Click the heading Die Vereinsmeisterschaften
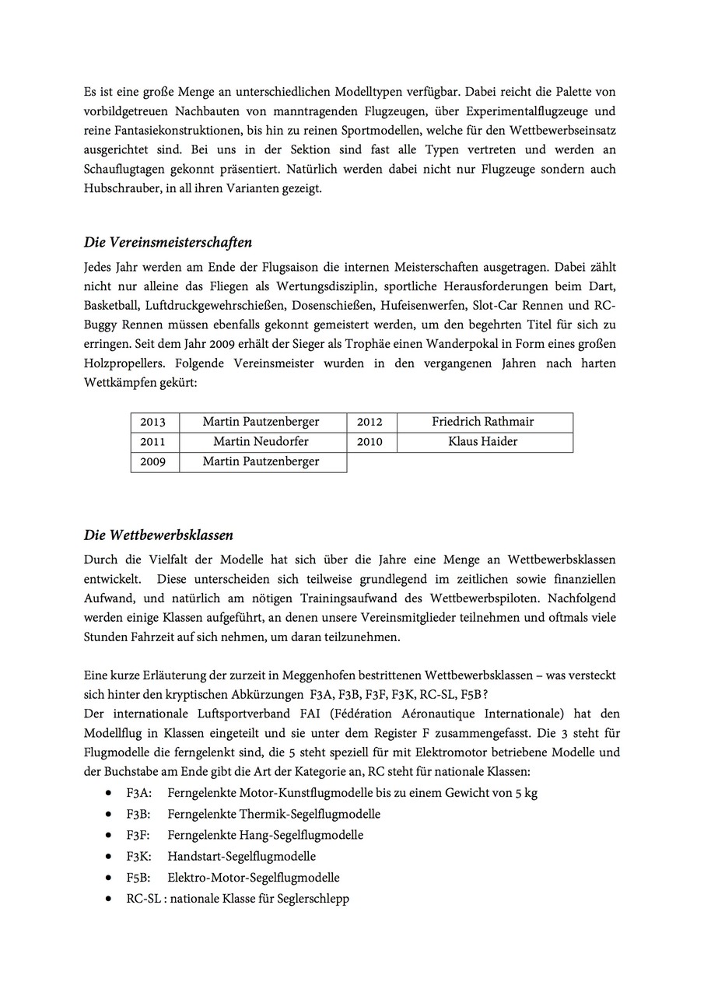pyautogui.click(x=167, y=243)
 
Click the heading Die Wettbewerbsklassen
pyautogui.click(x=159, y=535)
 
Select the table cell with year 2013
pyautogui.click(x=153, y=423)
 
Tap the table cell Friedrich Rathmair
pyautogui.click(x=483, y=423)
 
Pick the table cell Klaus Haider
pyautogui.click(x=483, y=442)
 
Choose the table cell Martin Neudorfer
pyautogui.click(x=261, y=442)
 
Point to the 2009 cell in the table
pyautogui.click(x=153, y=462)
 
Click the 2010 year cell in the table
pyautogui.click(x=370, y=442)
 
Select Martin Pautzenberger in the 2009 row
pyautogui.click(x=261, y=462)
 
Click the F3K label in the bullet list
pyautogui.click(x=139, y=857)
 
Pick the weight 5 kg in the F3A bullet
pyautogui.click(x=526, y=794)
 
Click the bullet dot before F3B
pyautogui.click(x=108, y=815)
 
